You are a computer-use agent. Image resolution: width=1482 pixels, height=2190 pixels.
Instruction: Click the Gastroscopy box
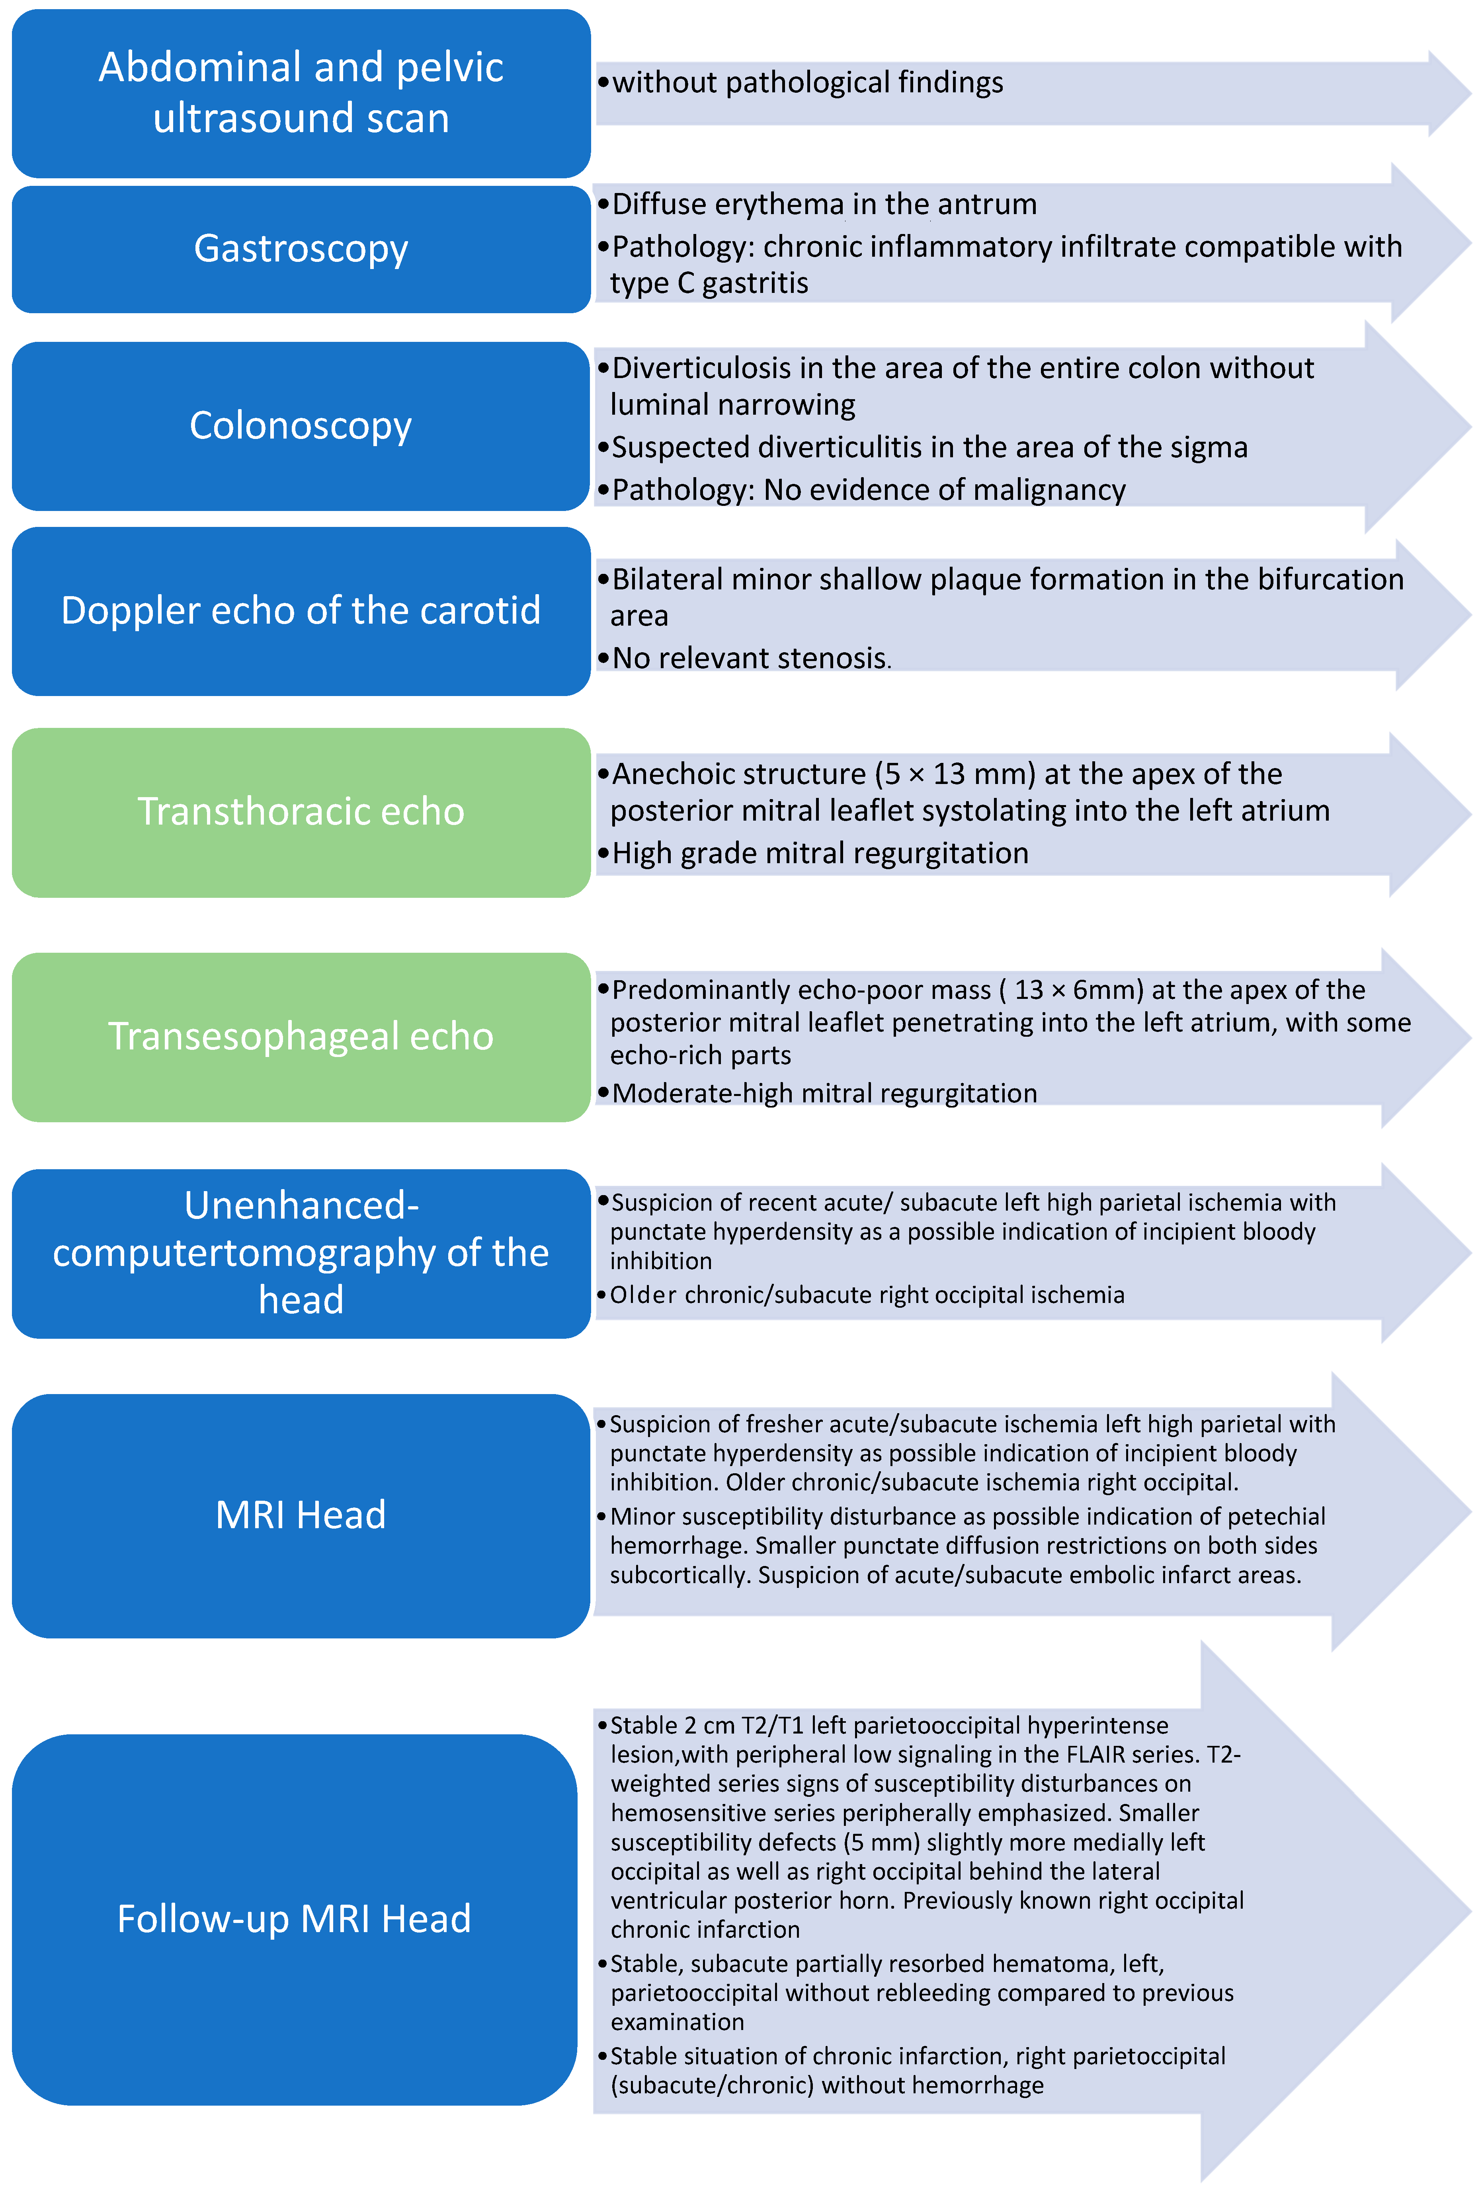tap(301, 249)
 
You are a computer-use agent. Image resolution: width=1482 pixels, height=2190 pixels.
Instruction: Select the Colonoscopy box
tap(301, 426)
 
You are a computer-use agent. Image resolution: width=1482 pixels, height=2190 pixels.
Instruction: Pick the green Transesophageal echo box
tap(301, 1037)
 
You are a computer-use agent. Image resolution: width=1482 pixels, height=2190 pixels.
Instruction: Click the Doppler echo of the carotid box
tap(301, 610)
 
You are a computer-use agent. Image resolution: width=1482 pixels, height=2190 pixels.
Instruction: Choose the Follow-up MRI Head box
tap(294, 1919)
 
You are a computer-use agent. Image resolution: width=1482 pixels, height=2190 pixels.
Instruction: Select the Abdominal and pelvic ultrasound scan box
tap(301, 92)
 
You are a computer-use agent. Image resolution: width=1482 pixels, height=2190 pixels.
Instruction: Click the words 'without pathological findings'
tap(807, 83)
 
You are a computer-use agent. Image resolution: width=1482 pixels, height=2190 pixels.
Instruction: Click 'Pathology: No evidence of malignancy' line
tap(867, 490)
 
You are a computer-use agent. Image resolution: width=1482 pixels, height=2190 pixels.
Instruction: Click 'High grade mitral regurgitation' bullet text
tap(819, 853)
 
